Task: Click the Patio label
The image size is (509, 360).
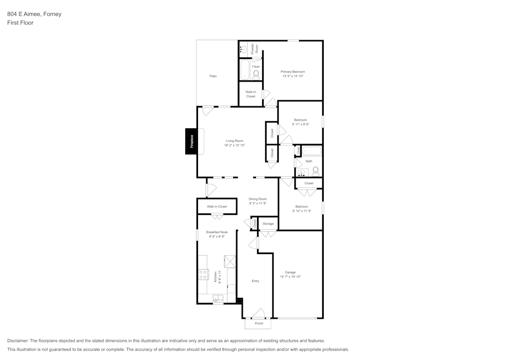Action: (213, 76)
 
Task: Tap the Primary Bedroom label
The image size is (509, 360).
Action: (293, 72)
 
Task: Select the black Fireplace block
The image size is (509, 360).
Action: (191, 141)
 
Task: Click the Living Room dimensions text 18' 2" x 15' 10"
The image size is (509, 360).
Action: (234, 146)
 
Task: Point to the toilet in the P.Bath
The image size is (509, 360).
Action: (256, 75)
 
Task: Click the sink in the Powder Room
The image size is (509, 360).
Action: (244, 49)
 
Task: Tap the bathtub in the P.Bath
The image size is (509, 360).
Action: (244, 69)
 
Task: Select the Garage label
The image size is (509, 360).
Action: (290, 272)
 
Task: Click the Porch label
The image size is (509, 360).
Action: (259, 324)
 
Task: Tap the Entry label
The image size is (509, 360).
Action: (256, 281)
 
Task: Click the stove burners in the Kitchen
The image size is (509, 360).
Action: (203, 274)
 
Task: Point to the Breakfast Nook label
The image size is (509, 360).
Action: (216, 232)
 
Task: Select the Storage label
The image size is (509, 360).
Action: (268, 224)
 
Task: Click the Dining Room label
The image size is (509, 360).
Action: (258, 199)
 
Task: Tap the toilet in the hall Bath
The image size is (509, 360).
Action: (316, 171)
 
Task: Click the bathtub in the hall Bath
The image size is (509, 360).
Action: (312, 151)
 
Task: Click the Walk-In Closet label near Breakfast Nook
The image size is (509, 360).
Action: (217, 207)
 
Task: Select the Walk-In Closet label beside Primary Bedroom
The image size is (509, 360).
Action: (250, 94)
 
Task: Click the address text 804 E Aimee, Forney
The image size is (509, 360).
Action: (34, 14)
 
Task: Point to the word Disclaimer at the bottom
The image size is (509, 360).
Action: (18, 341)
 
